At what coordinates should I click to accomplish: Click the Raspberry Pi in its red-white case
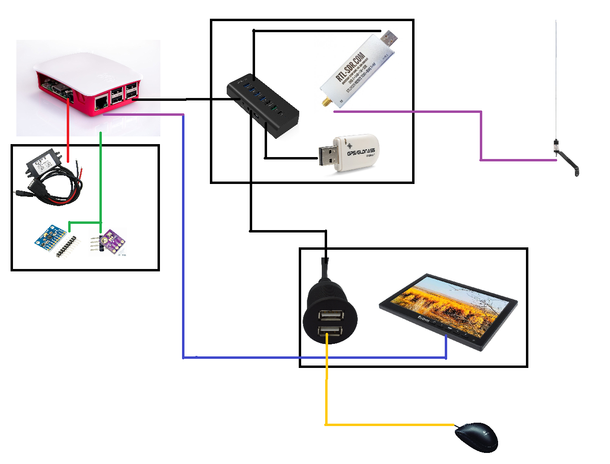(x=89, y=84)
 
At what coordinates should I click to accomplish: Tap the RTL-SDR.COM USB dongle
(x=358, y=67)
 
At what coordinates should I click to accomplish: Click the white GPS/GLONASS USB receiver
(x=355, y=153)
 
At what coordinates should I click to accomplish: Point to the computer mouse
(x=476, y=437)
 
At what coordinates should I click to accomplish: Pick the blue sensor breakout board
(x=50, y=237)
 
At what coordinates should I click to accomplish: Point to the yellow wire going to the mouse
(x=327, y=384)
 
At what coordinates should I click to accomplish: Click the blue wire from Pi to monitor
(x=183, y=240)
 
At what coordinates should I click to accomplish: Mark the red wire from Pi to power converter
(x=68, y=130)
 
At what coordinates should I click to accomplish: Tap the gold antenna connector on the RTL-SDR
(x=325, y=102)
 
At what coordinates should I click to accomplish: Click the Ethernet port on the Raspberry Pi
(x=101, y=102)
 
